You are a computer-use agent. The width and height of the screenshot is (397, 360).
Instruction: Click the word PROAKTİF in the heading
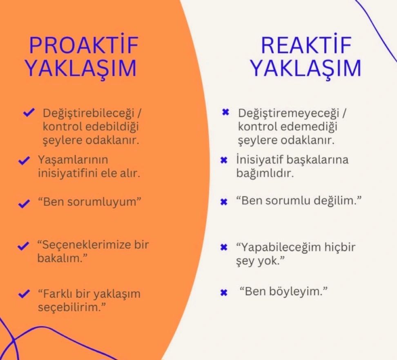(x=84, y=45)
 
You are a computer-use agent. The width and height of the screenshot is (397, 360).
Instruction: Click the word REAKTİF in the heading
(x=306, y=45)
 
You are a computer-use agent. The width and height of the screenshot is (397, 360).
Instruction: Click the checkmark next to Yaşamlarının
(x=25, y=160)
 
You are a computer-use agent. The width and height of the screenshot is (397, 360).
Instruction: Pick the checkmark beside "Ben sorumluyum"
(x=25, y=203)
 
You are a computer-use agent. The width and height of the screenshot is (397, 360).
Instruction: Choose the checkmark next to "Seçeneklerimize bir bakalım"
(x=23, y=246)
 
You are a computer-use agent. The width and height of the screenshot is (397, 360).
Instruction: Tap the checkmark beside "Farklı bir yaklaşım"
(x=25, y=294)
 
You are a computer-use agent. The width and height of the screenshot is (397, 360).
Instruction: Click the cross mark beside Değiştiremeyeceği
(x=225, y=112)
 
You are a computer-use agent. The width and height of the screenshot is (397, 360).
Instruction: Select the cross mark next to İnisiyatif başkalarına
(x=224, y=160)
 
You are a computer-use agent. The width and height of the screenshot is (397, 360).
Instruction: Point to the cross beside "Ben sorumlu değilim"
(x=224, y=202)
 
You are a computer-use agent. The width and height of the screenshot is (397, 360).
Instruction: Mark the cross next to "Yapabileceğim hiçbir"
(x=224, y=247)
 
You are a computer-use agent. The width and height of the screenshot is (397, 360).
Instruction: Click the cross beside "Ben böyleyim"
(x=224, y=293)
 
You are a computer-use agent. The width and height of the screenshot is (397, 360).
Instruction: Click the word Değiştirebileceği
(x=88, y=113)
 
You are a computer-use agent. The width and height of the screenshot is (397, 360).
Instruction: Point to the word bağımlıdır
(x=265, y=173)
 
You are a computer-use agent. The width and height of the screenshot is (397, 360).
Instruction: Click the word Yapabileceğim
(x=281, y=248)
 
